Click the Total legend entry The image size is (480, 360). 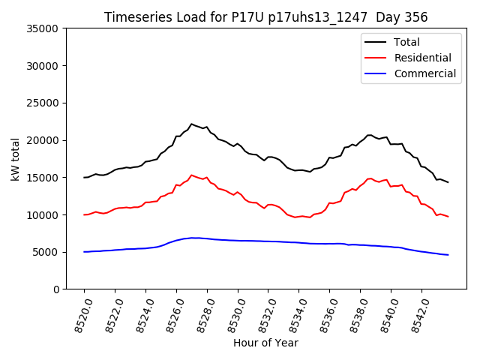coord(406,42)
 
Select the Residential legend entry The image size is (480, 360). coord(422,58)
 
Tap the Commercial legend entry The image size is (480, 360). coord(424,73)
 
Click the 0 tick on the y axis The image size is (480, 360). coord(55,289)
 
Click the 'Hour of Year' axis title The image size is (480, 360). coord(265,343)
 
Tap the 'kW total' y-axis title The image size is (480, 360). coord(15,158)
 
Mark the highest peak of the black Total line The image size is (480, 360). coord(191,124)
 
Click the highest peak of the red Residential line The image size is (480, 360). coord(191,175)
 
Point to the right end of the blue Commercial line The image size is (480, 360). coord(448,255)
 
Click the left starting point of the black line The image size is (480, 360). coord(84,177)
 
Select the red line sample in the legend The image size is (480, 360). coord(376,58)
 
